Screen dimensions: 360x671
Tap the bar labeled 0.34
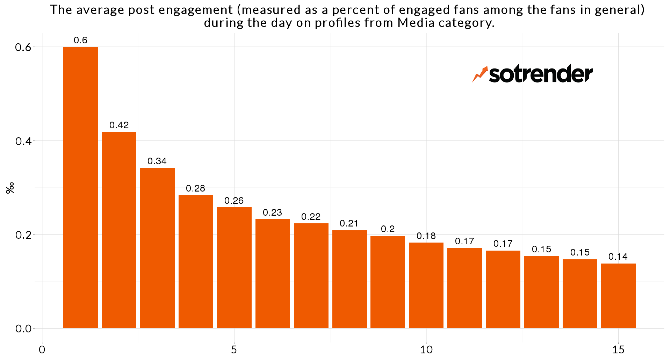coord(157,248)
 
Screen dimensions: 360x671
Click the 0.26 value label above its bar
coord(234,201)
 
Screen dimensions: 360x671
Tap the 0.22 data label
coord(311,217)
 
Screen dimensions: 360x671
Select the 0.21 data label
coord(349,223)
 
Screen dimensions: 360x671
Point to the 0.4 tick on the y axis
coord(23,141)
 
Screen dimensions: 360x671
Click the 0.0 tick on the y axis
coord(23,329)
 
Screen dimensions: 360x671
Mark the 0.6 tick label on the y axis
coord(23,47)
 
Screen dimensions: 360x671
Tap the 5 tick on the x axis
coord(234,350)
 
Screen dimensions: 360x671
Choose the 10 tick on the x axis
coord(426,350)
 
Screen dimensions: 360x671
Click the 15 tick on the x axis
coord(618,350)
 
